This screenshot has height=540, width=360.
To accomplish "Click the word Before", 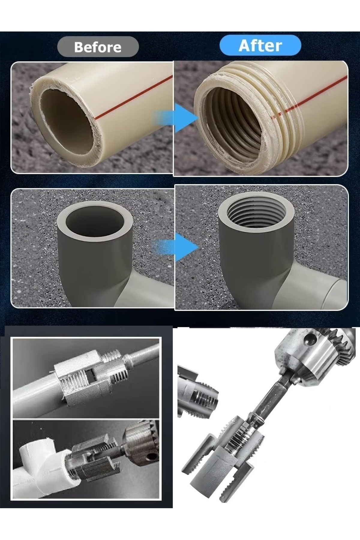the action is point(97,47).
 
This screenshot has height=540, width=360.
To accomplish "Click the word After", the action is point(260,46).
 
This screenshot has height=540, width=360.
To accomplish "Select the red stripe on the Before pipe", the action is point(133,97).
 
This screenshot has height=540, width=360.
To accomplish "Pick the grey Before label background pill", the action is point(98,47).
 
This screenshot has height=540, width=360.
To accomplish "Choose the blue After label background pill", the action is point(260,45).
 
